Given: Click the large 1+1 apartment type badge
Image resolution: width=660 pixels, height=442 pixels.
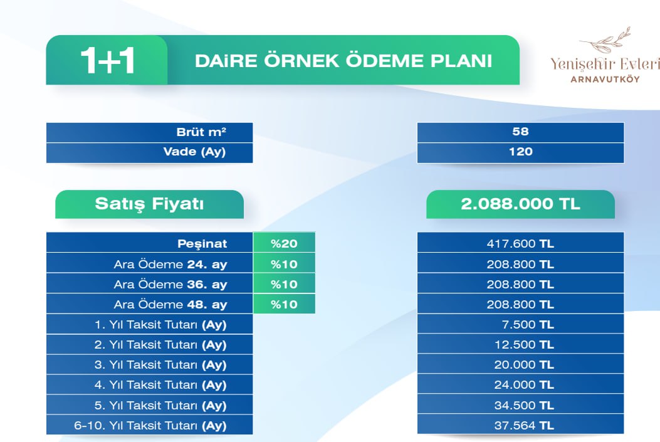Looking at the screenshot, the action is [x=108, y=61].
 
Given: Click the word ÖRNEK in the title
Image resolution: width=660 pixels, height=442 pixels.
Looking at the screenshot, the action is [x=302, y=60].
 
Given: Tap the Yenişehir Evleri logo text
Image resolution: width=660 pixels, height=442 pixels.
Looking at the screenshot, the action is [x=605, y=64].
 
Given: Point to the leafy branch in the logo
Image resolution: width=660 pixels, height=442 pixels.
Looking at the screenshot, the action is [x=605, y=40].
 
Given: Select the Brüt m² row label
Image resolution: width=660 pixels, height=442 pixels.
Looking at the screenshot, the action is [x=201, y=132].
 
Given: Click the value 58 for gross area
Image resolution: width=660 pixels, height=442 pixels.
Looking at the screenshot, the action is [x=520, y=131].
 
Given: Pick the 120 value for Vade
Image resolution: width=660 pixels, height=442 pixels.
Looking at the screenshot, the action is [x=521, y=152].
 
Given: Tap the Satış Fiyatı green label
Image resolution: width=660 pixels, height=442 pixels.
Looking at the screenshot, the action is [x=149, y=204].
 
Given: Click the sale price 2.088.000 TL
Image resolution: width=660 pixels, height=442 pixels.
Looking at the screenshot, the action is [x=520, y=204].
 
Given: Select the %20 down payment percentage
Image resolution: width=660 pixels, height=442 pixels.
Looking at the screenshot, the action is [x=284, y=243].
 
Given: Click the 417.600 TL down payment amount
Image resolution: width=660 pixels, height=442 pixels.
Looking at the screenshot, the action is [x=520, y=244].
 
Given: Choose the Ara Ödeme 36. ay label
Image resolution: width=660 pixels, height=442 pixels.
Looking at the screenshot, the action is [x=170, y=285].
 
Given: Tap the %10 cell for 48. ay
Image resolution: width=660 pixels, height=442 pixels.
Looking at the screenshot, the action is [x=284, y=304].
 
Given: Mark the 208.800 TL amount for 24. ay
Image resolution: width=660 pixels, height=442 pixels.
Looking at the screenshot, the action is [x=520, y=265].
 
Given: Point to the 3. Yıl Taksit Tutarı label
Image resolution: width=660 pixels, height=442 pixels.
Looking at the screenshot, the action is [x=160, y=365].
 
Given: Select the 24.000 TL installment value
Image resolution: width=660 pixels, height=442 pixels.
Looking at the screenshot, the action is [x=524, y=385].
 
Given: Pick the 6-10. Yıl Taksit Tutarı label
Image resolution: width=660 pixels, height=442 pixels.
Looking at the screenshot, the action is [x=150, y=426].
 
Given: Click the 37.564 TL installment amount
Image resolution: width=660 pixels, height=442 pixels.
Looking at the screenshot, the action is [x=524, y=426].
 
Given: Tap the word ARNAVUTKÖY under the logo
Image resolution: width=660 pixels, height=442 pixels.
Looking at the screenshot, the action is [x=605, y=79].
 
